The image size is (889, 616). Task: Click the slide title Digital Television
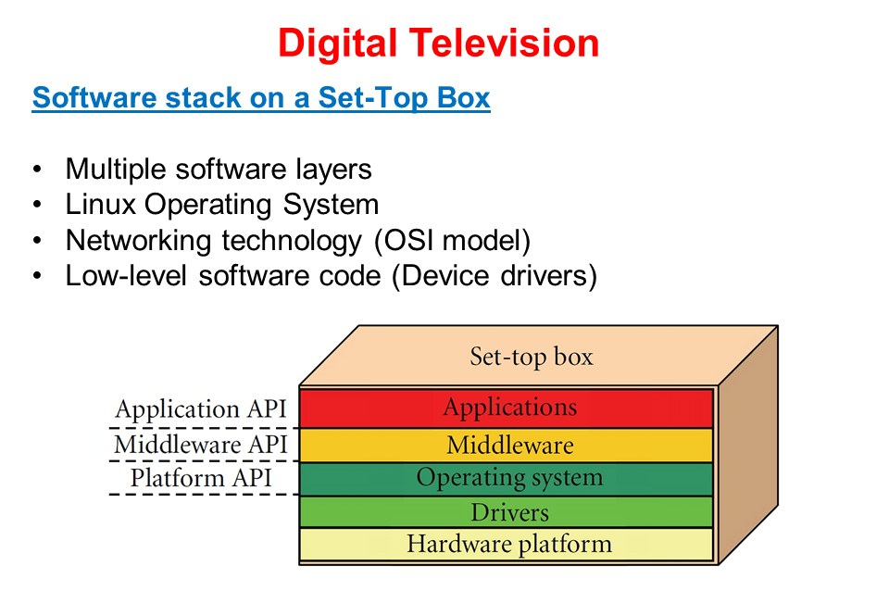pyautogui.click(x=438, y=43)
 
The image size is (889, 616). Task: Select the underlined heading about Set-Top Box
pyautogui.click(x=260, y=97)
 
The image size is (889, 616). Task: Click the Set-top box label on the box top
pyautogui.click(x=531, y=357)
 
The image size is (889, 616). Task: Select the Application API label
pyautogui.click(x=202, y=409)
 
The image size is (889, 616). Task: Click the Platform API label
pyautogui.click(x=201, y=478)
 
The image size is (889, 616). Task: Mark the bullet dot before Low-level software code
pyautogui.click(x=37, y=277)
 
